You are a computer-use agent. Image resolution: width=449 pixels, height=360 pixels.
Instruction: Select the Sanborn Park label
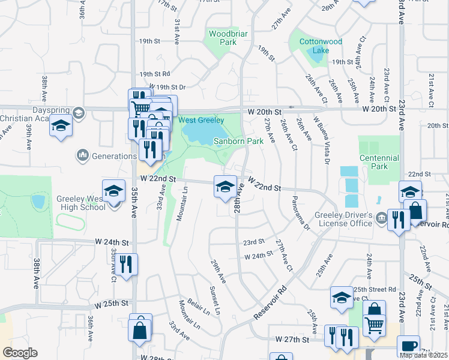pyautogui.click(x=239, y=141)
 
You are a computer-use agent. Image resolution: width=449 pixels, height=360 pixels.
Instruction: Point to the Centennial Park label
pyautogui.click(x=379, y=162)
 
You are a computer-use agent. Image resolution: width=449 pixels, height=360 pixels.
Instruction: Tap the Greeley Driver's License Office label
pyautogui.click(x=345, y=219)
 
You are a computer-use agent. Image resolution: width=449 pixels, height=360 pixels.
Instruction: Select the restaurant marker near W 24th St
pyautogui.click(x=127, y=263)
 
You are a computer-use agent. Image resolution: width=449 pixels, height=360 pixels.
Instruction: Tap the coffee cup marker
pyautogui.click(x=408, y=346)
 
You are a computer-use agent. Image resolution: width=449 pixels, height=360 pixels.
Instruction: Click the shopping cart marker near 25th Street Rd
pyautogui.click(x=374, y=325)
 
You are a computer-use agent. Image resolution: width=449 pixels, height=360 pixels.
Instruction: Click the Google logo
pyautogui.click(x=19, y=353)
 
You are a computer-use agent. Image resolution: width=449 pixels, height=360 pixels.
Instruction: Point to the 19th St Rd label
pyautogui.click(x=155, y=74)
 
